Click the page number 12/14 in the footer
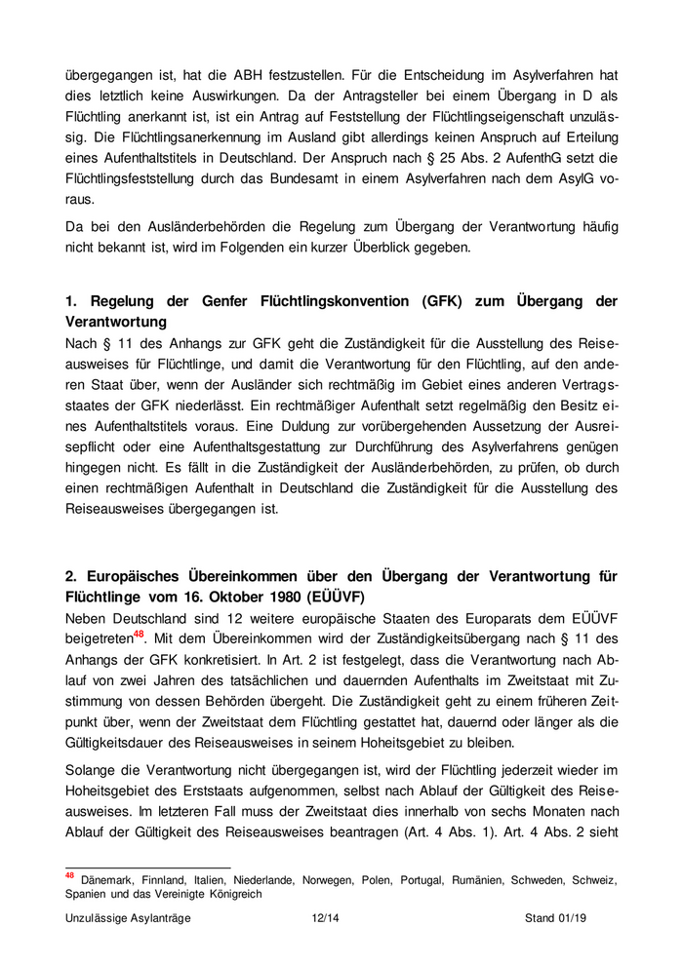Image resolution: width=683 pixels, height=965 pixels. tap(324, 917)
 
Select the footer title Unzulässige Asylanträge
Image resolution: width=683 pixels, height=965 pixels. tap(128, 917)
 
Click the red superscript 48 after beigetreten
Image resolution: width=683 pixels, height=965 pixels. tap(139, 633)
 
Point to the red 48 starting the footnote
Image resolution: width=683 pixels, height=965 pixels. tap(69, 875)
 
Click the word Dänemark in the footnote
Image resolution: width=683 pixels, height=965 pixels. tap(113, 879)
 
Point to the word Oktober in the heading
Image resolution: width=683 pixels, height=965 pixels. tap(238, 596)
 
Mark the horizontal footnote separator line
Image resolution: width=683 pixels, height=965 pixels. tap(147, 867)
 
